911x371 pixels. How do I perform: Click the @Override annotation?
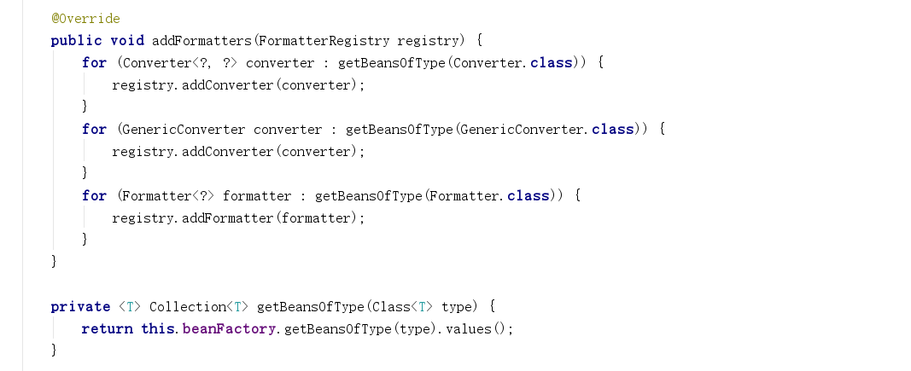(85, 18)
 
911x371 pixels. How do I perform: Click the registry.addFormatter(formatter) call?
(238, 217)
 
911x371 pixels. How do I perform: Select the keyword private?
(80, 306)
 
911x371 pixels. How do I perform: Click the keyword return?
(107, 328)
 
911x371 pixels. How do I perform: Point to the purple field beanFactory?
(230, 328)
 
